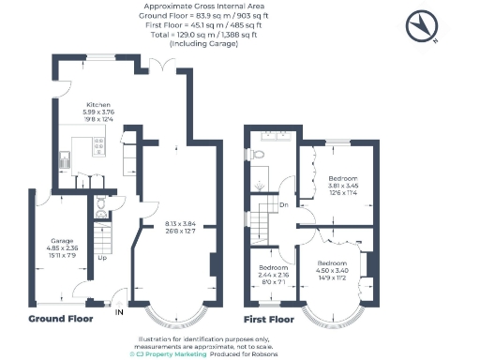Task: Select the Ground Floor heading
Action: [59, 320]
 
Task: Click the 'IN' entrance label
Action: [118, 312]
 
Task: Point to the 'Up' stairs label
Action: [101, 258]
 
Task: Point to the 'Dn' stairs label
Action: [282, 203]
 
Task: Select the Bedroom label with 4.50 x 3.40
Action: [331, 262]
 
